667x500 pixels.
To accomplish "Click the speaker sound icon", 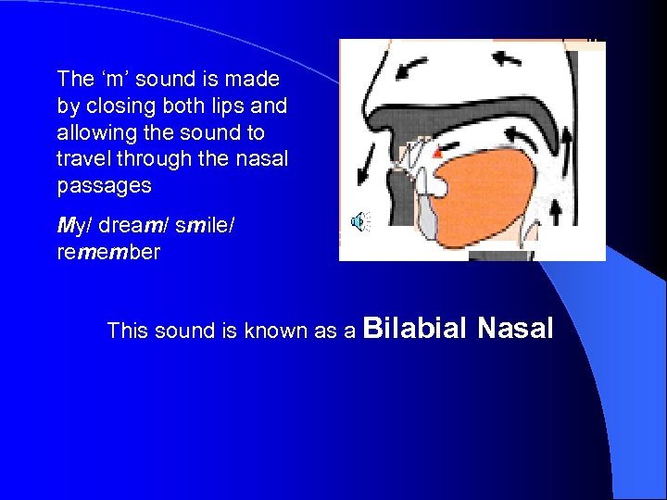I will [x=358, y=220].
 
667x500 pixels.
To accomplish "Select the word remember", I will [x=108, y=252].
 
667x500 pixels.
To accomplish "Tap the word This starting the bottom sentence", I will [x=127, y=331].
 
